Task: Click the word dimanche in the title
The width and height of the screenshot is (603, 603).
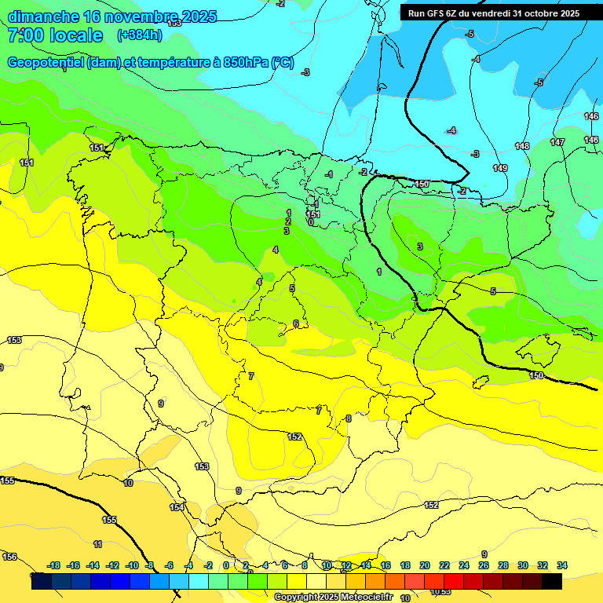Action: tap(44, 16)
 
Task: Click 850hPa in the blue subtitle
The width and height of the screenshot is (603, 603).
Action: tap(246, 63)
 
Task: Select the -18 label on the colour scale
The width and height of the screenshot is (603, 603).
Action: tap(53, 565)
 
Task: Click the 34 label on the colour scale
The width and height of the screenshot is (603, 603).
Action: tap(561, 565)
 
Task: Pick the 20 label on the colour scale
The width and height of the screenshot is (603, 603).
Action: tap(425, 565)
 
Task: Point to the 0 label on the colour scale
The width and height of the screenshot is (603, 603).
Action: tap(226, 565)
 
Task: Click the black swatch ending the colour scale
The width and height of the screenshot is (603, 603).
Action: tap(552, 581)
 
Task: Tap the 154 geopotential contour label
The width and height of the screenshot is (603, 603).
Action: tap(177, 507)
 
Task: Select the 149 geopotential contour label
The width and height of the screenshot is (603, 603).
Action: tap(499, 168)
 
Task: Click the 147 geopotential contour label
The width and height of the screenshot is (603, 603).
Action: tap(557, 142)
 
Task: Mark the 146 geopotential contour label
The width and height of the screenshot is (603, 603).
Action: tap(591, 116)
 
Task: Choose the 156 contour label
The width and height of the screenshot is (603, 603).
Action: tap(9, 557)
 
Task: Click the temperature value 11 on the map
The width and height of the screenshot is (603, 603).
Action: tap(97, 544)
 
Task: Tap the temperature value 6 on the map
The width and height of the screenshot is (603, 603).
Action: tap(295, 323)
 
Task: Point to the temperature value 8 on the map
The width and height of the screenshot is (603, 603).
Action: tap(349, 418)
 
